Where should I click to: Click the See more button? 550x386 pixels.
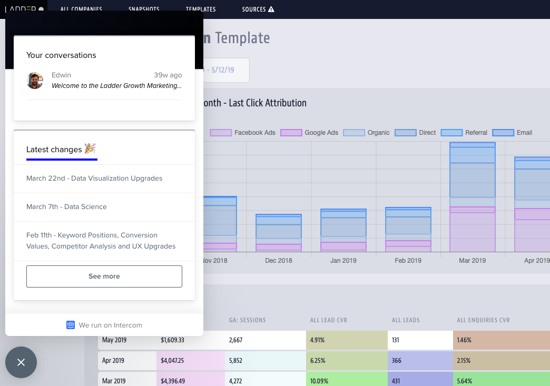[x=104, y=276]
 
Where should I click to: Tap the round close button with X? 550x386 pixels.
[x=21, y=362]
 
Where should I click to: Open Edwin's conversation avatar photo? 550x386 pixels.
[x=35, y=81]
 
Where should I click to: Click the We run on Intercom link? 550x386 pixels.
[x=104, y=325]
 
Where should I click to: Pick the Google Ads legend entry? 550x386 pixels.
[x=310, y=133]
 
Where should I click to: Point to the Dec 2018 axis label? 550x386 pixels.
[x=279, y=261]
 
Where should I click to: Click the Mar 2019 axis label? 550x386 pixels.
[x=473, y=261]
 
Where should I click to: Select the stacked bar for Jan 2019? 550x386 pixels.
[x=343, y=230]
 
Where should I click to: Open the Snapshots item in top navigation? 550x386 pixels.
[x=144, y=9]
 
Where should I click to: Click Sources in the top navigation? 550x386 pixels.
[x=258, y=9]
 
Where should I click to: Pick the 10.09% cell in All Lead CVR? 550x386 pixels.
[x=347, y=381]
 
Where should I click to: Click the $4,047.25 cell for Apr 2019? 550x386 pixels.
[x=190, y=361]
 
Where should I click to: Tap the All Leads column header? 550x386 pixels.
[x=406, y=320]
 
